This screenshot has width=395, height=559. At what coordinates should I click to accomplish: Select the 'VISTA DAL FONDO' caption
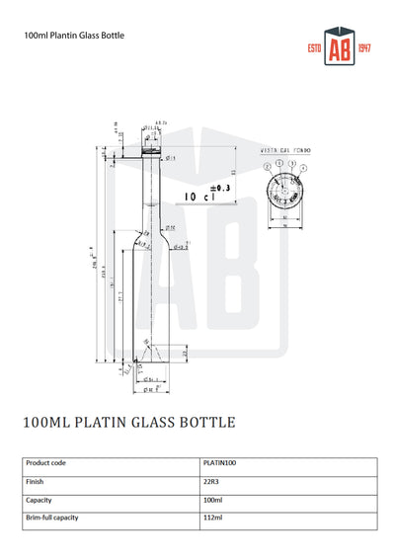tap(286, 151)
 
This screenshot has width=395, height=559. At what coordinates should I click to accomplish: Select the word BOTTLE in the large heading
tap(206, 422)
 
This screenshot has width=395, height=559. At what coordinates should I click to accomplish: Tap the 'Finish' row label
tap(36, 481)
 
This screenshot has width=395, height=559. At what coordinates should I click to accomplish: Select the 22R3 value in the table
tap(210, 481)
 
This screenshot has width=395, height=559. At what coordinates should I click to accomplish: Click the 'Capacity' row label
tap(40, 500)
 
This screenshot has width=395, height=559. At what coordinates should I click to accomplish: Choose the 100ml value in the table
tap(211, 500)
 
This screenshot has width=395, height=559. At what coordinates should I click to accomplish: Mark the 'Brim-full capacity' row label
tap(52, 518)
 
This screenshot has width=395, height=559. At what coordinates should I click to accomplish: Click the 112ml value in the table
tap(211, 518)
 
